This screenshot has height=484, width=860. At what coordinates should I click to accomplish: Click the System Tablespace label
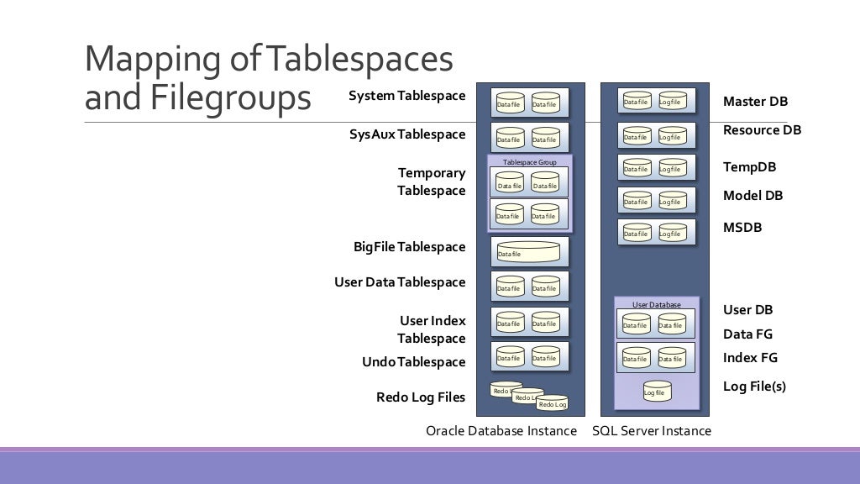pyautogui.click(x=407, y=96)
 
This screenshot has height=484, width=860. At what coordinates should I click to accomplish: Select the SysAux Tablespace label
pyautogui.click(x=407, y=134)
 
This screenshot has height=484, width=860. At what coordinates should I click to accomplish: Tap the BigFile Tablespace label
pyautogui.click(x=409, y=247)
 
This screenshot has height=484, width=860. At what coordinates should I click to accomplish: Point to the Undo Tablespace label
pyautogui.click(x=413, y=362)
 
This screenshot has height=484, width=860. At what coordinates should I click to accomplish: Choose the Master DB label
pyautogui.click(x=755, y=102)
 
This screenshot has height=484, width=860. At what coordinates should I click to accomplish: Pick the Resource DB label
pyautogui.click(x=762, y=130)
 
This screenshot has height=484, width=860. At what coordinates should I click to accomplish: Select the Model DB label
pyautogui.click(x=752, y=196)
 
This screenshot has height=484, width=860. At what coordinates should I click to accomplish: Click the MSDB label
pyautogui.click(x=742, y=228)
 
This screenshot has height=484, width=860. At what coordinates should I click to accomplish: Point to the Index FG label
pyautogui.click(x=750, y=358)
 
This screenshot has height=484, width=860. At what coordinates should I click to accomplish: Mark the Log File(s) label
pyautogui.click(x=754, y=387)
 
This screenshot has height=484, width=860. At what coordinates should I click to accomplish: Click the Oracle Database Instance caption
pyautogui.click(x=501, y=431)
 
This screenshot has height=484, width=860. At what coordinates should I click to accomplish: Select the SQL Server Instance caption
pyautogui.click(x=651, y=431)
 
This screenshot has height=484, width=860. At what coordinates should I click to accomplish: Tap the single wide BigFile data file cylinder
pyautogui.click(x=528, y=251)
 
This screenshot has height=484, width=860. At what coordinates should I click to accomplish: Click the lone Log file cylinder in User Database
pyautogui.click(x=657, y=390)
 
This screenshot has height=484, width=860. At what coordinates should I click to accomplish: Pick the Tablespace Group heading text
pyautogui.click(x=529, y=162)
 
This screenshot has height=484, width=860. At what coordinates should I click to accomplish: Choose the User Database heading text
pyautogui.click(x=656, y=304)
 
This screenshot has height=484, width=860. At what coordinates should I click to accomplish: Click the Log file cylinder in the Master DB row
pyautogui.click(x=672, y=101)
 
